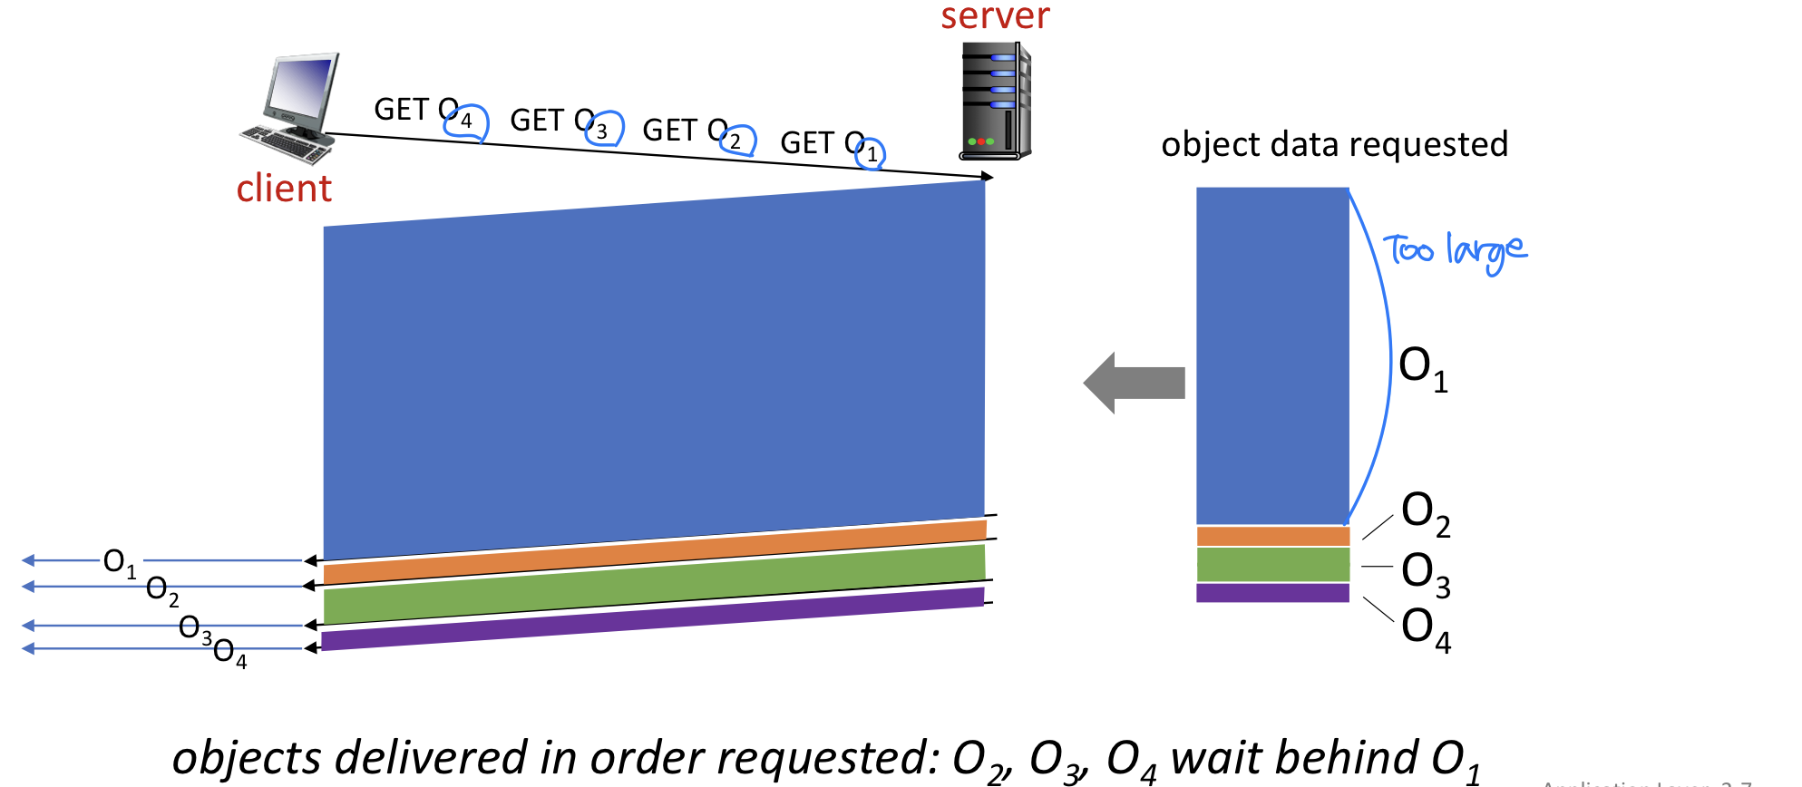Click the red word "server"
(995, 16)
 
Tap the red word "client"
(284, 189)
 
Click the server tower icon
(996, 102)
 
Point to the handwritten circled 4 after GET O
(467, 121)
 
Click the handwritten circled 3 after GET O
(602, 130)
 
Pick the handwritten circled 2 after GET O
(736, 141)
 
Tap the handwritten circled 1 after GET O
(872, 153)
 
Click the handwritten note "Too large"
(1454, 250)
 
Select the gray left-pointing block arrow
(1134, 383)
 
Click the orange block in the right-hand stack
(1272, 536)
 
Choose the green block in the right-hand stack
(1272, 564)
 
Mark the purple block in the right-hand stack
(1272, 593)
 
